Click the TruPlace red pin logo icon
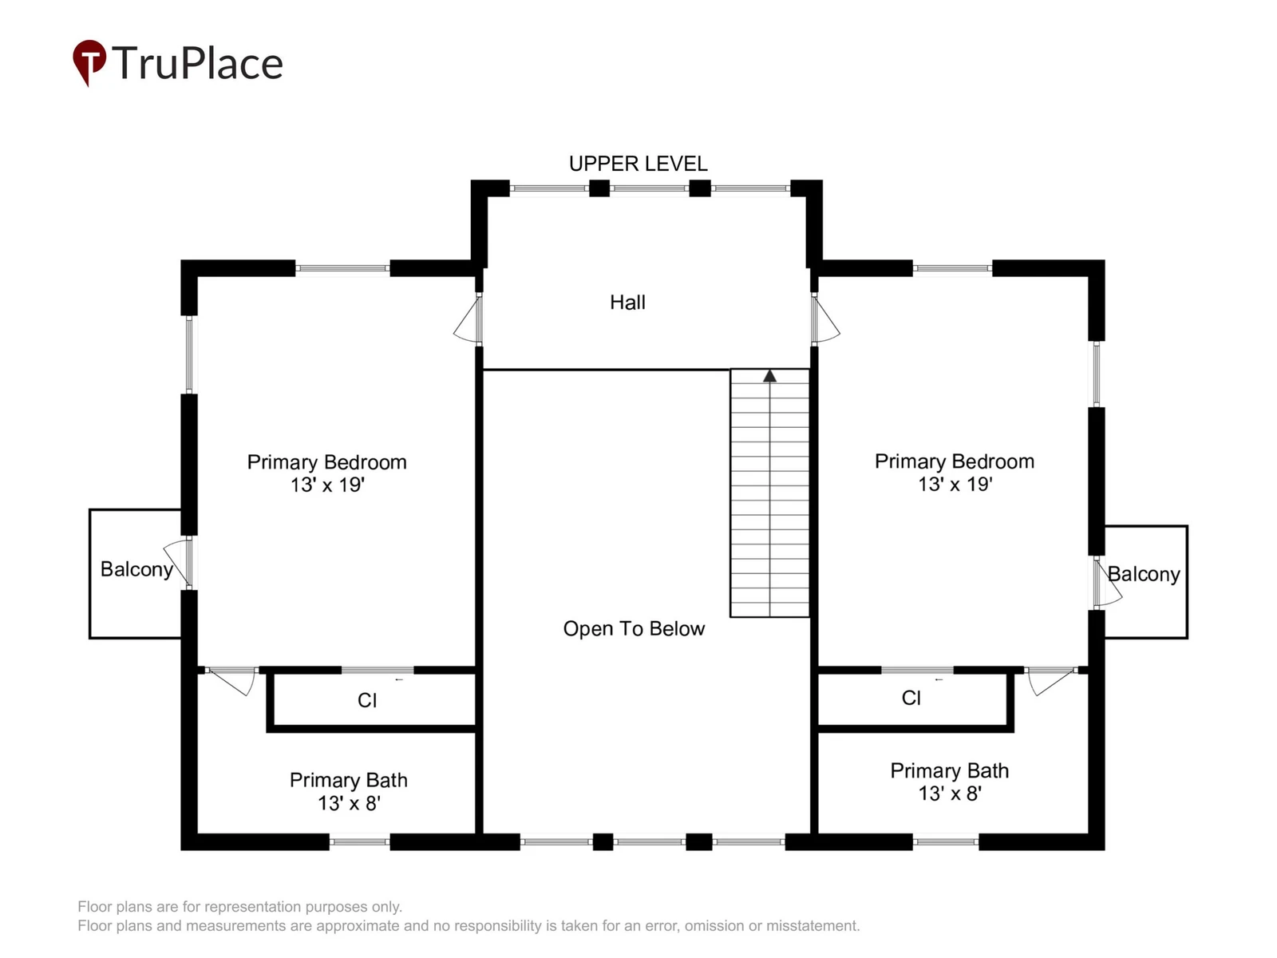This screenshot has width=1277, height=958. coord(89,61)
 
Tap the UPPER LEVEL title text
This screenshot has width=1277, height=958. coord(638,164)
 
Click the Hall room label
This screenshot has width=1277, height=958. coord(627,303)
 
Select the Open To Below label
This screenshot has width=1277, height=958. coord(634,629)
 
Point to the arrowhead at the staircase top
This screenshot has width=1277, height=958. coord(769,376)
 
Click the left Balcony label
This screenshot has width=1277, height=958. coord(136,569)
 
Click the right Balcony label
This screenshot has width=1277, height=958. coord(1143,574)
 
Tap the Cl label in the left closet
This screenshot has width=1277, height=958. coord(366,700)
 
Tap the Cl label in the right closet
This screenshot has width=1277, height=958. coord(911,698)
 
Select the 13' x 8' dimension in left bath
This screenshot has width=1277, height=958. coord(349,803)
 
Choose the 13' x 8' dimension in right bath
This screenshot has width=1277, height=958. coord(950,794)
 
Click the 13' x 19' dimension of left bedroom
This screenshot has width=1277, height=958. coord(327,485)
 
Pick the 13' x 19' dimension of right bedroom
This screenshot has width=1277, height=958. coord(955,484)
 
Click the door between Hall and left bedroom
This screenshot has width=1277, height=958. coord(468,319)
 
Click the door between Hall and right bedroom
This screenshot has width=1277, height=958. coord(825,319)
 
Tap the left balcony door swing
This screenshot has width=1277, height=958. coord(178,562)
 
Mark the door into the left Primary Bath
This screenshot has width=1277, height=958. coord(231,681)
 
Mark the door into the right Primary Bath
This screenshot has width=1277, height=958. coord(1053,681)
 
